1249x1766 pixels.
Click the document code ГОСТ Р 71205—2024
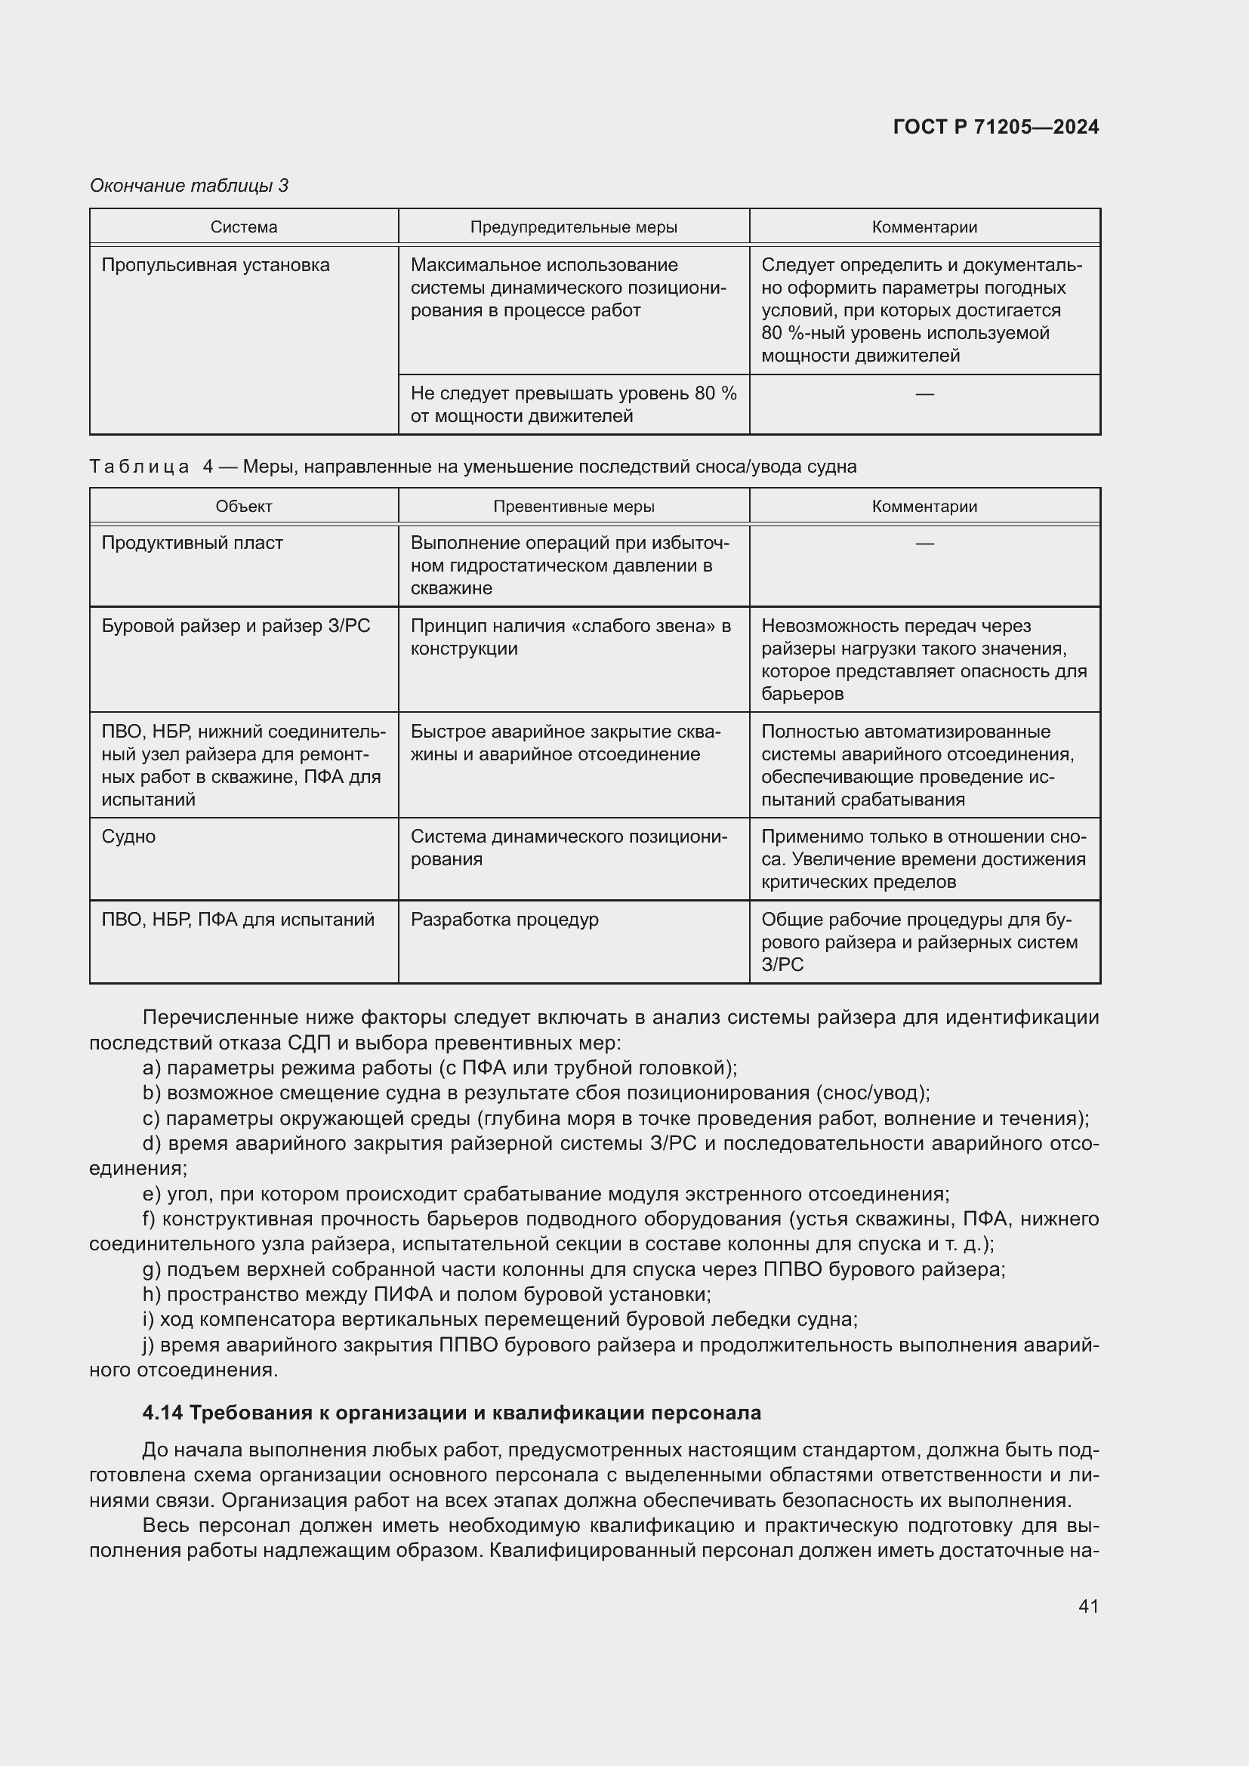point(995,127)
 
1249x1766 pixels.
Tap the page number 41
point(1088,1606)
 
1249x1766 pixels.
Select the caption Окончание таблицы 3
point(190,186)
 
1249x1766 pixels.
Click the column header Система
point(244,227)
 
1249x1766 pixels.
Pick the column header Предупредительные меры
point(574,227)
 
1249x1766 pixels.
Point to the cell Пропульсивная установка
point(215,265)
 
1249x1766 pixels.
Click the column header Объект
point(244,506)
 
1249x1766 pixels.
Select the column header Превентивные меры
point(574,506)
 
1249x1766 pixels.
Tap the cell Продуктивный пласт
point(193,543)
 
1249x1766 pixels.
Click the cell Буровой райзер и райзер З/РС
point(236,626)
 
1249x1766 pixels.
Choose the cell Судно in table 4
point(128,837)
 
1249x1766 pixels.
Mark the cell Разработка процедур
point(504,920)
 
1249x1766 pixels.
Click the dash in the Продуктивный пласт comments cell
point(924,543)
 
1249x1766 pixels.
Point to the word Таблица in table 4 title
point(139,467)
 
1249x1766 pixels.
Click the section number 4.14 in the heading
point(162,1413)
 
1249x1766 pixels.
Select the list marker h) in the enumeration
point(152,1295)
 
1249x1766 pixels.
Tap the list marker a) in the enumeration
point(152,1068)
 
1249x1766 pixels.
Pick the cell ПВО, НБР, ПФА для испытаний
point(238,920)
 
